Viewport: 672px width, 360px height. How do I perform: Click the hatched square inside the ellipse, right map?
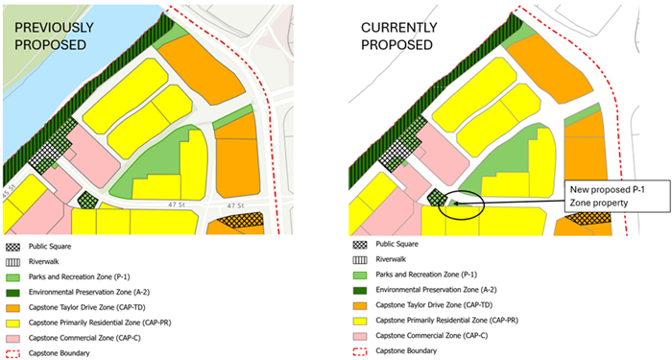pyautogui.click(x=436, y=199)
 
